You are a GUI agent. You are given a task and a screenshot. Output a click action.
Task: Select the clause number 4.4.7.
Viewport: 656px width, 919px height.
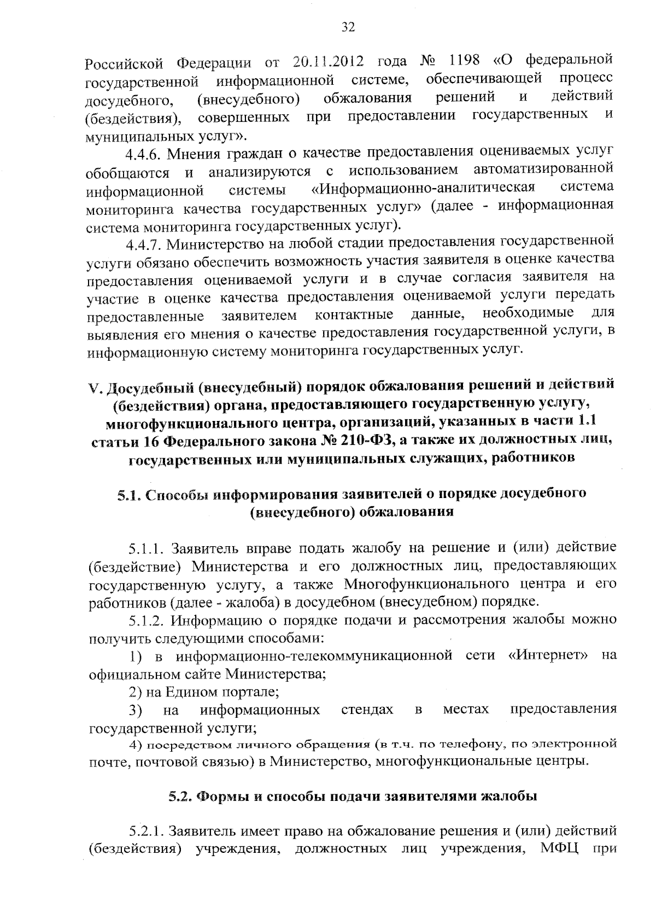click(143, 243)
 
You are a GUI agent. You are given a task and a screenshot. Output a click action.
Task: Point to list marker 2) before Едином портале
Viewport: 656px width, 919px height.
click(136, 692)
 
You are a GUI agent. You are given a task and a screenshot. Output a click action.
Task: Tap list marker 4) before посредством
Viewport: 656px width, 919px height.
click(136, 745)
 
